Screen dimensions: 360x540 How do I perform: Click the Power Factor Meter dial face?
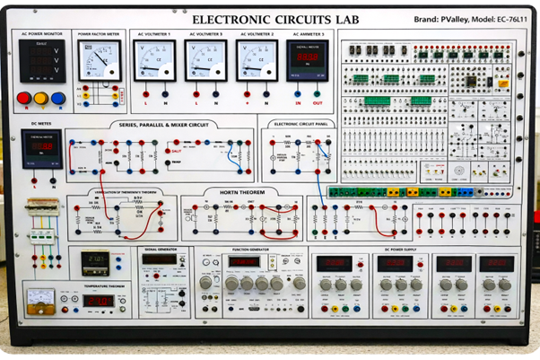coord(98,61)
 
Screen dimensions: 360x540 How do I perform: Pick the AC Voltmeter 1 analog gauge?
coord(154,61)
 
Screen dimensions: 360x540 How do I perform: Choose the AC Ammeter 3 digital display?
coord(308,60)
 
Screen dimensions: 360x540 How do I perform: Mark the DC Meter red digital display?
coord(41,145)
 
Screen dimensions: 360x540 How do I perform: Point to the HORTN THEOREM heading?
coord(237,191)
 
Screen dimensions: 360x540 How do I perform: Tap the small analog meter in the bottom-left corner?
coord(40,297)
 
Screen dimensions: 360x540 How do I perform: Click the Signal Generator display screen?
coord(160,259)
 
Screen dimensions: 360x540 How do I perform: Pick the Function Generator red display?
coord(244,262)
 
